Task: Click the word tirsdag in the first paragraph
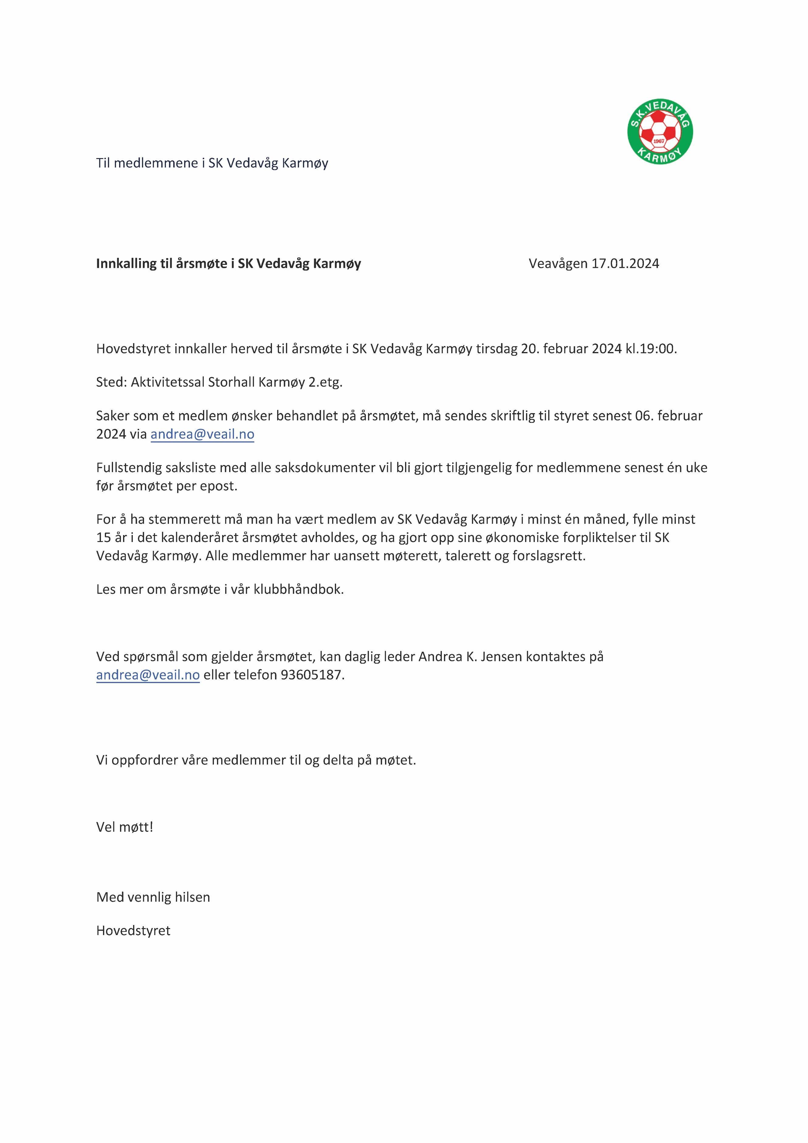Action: pyautogui.click(x=497, y=348)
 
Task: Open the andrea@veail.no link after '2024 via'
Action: pyautogui.click(x=202, y=434)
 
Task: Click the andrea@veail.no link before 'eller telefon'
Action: pyautogui.click(x=148, y=675)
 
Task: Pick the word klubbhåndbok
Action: pyautogui.click(x=298, y=589)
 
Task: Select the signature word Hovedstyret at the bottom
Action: pyautogui.click(x=133, y=931)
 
